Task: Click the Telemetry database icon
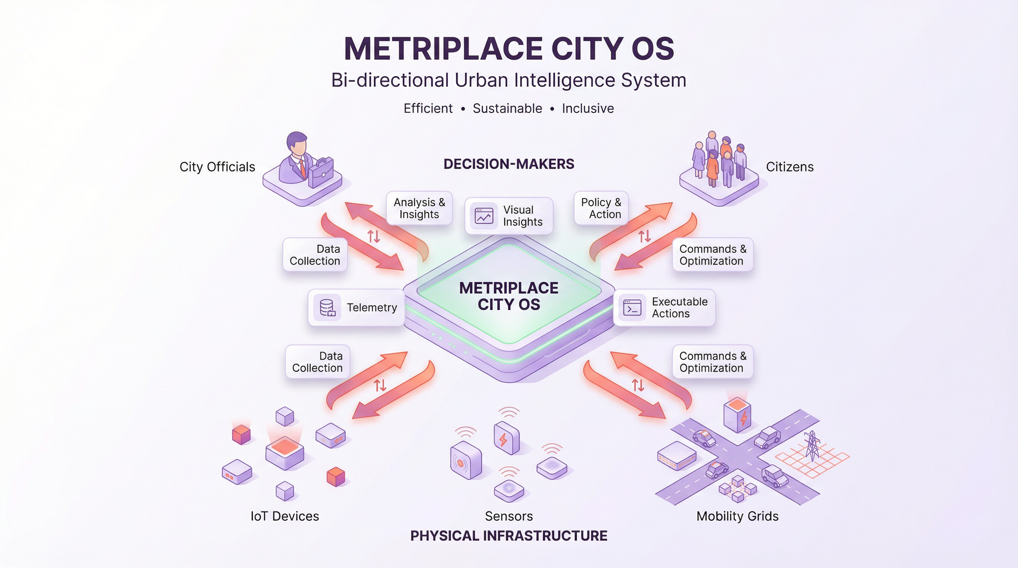[x=327, y=308]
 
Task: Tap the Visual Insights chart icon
[x=484, y=216]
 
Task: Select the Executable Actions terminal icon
[x=632, y=308]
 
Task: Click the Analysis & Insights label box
[x=419, y=208]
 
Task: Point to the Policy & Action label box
[x=601, y=208]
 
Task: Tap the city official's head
[x=297, y=143]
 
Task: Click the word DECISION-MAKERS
[x=509, y=164]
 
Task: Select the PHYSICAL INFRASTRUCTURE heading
[x=509, y=536]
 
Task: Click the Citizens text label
[x=790, y=167]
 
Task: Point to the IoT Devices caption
[x=285, y=516]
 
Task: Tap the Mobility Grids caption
[x=737, y=516]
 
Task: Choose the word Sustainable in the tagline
[x=507, y=109]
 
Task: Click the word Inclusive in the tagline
[x=588, y=109]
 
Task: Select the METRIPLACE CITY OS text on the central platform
[x=509, y=296]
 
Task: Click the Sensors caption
[x=509, y=516]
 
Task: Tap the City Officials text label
[x=217, y=167]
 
